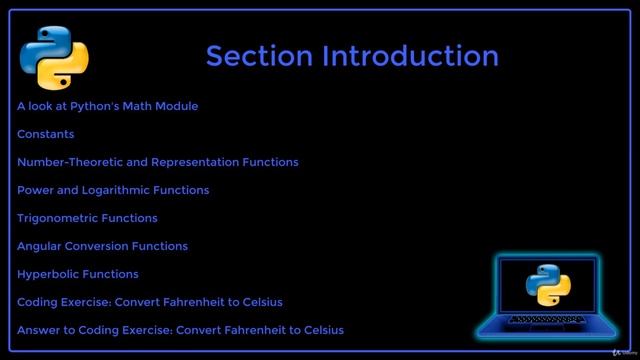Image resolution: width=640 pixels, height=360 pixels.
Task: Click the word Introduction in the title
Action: [410, 56]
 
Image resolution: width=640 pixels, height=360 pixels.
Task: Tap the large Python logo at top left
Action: [54, 57]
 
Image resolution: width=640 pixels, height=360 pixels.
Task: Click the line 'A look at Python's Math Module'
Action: [108, 106]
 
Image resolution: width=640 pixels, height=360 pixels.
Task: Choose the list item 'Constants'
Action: [46, 134]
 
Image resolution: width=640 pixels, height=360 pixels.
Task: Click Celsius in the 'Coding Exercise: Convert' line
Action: [261, 302]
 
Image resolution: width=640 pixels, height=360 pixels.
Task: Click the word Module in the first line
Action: [177, 106]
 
